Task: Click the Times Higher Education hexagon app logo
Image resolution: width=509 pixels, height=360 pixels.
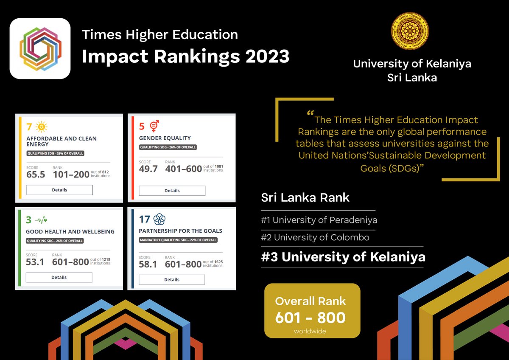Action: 40,48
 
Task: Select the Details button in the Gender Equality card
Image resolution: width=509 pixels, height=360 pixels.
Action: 172,191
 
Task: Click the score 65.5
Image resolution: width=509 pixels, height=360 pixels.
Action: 36,175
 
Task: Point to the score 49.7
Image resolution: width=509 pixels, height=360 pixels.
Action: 148,169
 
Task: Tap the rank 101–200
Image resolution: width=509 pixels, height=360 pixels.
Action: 71,174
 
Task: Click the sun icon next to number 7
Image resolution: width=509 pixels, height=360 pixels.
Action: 42,127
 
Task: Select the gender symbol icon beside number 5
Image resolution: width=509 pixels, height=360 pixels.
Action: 154,126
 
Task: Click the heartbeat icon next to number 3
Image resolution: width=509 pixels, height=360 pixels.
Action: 41,220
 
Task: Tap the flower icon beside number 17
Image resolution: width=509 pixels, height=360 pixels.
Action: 159,219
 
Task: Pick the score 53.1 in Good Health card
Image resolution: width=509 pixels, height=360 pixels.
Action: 35,262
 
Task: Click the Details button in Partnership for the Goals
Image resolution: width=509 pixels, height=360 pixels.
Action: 171,279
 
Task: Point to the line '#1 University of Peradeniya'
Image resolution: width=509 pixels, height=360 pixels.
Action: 319,220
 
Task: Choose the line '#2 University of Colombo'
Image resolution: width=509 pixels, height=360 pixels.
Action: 315,237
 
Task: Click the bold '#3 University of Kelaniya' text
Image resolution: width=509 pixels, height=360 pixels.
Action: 343,257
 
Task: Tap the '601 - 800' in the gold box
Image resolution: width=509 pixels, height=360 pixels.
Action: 310,318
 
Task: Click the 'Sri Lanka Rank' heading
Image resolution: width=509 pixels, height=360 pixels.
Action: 305,197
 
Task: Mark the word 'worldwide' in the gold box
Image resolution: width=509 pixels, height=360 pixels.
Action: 310,331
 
